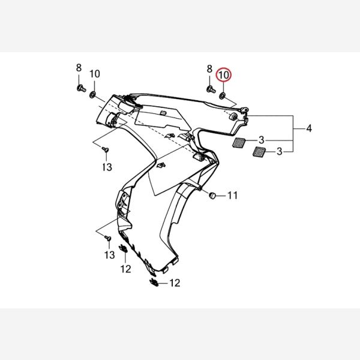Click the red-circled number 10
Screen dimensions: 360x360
click(224, 75)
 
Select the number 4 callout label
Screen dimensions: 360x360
click(309, 128)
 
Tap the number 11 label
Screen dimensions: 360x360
click(232, 196)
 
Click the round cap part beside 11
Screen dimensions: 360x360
click(212, 196)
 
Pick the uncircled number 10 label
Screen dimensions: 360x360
click(95, 74)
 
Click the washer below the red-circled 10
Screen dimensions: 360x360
click(223, 95)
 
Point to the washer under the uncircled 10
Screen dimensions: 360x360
click(93, 94)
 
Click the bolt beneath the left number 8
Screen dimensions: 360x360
click(81, 88)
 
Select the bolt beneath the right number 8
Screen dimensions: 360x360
click(211, 89)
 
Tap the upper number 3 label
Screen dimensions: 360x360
click(262, 140)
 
